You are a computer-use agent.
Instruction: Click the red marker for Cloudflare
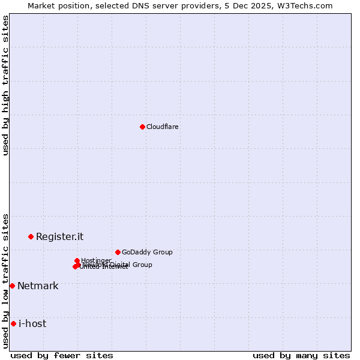[x=142, y=127]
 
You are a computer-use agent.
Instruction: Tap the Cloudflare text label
[x=162, y=127]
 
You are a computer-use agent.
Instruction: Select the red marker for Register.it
[x=31, y=236]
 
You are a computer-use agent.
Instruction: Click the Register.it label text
[x=59, y=236]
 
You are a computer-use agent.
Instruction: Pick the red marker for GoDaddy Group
[x=118, y=252]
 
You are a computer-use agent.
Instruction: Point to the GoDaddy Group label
[x=147, y=252]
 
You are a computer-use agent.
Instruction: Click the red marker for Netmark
[x=12, y=286]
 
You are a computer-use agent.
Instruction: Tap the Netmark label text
[x=38, y=286]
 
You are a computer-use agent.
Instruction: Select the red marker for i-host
[x=13, y=323]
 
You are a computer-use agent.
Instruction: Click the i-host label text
[x=32, y=323]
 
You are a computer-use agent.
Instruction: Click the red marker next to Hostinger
[x=77, y=260]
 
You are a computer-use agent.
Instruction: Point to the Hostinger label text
[x=96, y=260]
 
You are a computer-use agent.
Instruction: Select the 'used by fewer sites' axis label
[x=62, y=355]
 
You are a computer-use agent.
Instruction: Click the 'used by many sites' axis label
[x=301, y=355]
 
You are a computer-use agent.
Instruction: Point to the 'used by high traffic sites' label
[x=5, y=85]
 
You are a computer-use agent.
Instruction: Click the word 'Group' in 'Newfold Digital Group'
[x=142, y=265]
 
